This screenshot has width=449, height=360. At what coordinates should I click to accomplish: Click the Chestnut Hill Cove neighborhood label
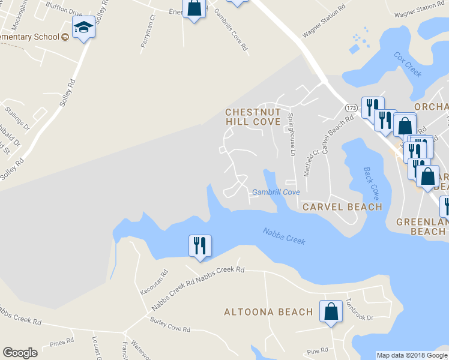[253, 116]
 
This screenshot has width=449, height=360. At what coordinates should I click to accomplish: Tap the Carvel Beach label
[342, 207]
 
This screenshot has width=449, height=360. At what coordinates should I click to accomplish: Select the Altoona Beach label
[268, 312]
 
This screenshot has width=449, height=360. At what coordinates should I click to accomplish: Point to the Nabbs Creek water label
[284, 236]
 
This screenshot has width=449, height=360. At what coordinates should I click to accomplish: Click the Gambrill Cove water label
[276, 193]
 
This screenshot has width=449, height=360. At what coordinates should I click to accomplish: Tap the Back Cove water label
[372, 184]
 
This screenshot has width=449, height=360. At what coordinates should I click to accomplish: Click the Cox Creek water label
[408, 65]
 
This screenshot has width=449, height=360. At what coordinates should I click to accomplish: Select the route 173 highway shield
[352, 107]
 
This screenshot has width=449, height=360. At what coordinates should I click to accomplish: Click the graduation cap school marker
[83, 28]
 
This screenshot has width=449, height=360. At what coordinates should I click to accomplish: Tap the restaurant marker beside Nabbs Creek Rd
[200, 246]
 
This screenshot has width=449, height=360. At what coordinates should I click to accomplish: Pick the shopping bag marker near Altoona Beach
[331, 311]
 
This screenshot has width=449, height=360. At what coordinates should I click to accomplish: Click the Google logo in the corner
[20, 353]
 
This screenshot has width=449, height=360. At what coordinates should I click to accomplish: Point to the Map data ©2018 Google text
[412, 355]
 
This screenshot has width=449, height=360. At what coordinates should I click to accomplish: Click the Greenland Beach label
[422, 227]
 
